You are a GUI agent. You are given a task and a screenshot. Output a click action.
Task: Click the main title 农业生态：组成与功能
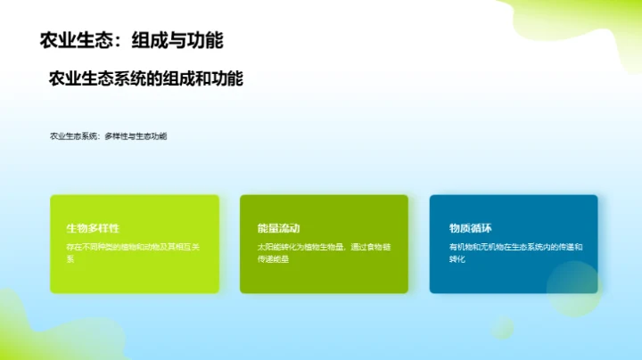[x=132, y=40]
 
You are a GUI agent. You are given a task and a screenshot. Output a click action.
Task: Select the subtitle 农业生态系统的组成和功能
[x=146, y=78]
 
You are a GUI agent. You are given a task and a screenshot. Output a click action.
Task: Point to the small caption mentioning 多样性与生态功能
[x=109, y=136]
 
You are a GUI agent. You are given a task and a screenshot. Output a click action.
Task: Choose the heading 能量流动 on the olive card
[x=278, y=228]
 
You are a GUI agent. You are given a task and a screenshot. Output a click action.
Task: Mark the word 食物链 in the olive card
[x=380, y=246]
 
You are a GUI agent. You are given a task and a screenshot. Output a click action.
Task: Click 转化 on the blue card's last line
[x=457, y=258]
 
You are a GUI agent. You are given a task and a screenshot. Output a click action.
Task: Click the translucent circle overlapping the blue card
[x=573, y=288]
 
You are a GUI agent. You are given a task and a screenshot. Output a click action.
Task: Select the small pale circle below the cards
[x=502, y=327]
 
